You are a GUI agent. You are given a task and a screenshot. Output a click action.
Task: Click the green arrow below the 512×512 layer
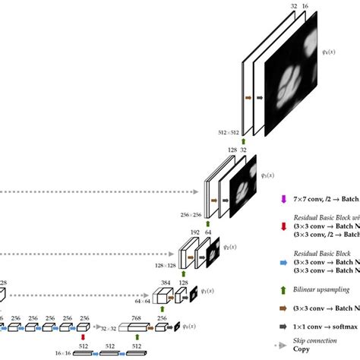pos(245,132)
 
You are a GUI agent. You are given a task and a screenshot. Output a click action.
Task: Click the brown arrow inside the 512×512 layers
pos(248,97)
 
